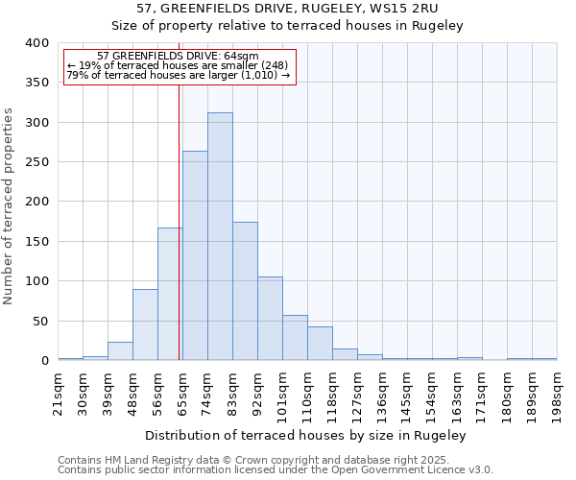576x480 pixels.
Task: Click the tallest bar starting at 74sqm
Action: (x=220, y=236)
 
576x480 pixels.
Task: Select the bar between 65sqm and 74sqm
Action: (x=195, y=255)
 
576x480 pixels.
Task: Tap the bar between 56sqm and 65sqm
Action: (x=169, y=294)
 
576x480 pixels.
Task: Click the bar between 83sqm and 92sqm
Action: (x=245, y=291)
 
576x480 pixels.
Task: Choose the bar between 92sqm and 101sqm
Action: (x=270, y=319)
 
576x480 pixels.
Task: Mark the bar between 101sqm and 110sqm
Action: (x=295, y=338)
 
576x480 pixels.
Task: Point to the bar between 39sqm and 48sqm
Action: (x=120, y=350)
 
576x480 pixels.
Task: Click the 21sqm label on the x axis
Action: (x=59, y=391)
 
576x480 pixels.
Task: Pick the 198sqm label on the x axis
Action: (x=557, y=391)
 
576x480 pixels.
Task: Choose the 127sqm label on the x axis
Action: (x=357, y=391)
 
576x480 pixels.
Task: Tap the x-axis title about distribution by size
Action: (x=306, y=435)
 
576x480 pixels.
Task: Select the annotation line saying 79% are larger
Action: (x=179, y=75)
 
